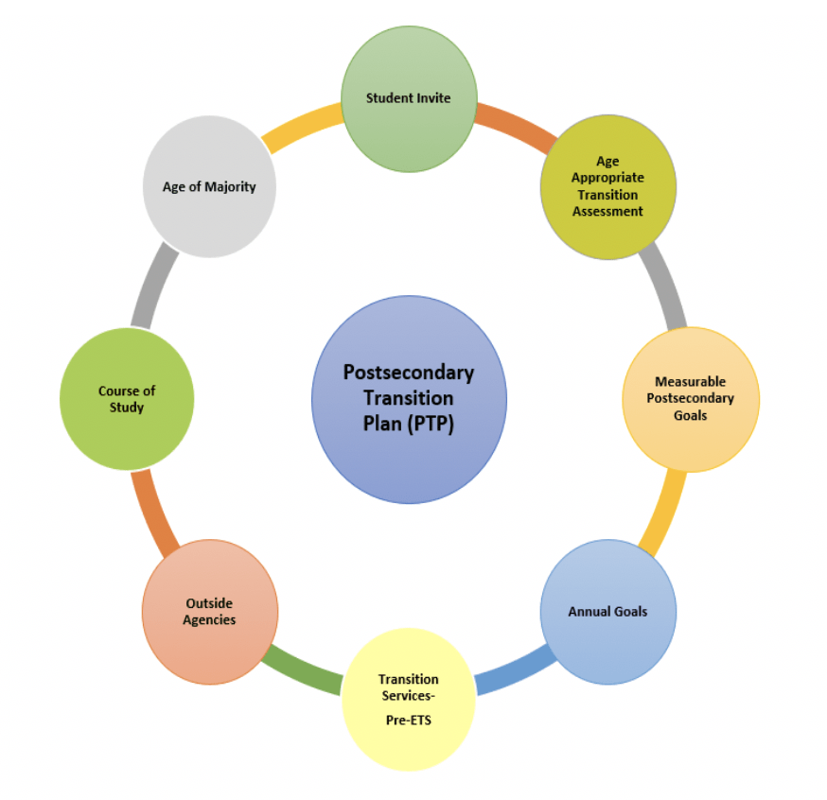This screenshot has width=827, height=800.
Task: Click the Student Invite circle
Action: point(409,98)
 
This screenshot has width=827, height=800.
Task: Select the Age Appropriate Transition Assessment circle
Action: point(607,186)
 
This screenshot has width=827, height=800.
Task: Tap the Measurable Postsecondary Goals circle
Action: point(691,398)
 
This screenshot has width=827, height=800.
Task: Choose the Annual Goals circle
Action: point(607,612)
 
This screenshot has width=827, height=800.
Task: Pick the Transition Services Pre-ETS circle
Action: point(409,698)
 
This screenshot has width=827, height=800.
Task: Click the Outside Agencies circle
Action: point(210,612)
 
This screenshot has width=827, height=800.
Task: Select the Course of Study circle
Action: point(127,398)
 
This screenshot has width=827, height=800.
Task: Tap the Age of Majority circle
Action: point(209,186)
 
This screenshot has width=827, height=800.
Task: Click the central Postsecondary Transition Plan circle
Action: point(409,398)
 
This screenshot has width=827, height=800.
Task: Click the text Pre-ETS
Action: point(409,721)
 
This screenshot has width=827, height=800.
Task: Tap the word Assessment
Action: point(607,211)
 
